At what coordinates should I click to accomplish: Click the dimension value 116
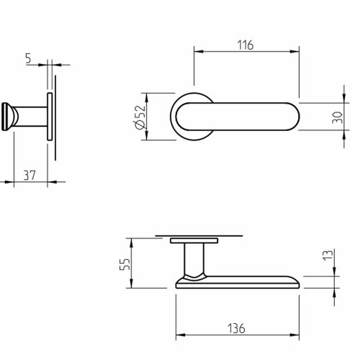(x=246, y=45)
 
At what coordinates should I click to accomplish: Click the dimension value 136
(x=236, y=328)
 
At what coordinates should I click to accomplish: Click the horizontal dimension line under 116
(x=246, y=52)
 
